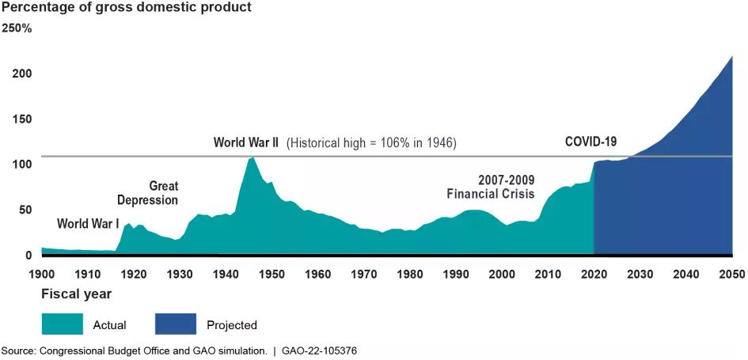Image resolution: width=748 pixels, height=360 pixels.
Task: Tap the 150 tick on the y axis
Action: coord(21,119)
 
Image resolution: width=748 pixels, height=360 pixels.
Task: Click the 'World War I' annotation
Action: coord(88,224)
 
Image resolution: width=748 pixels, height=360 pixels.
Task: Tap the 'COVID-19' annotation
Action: coord(590,142)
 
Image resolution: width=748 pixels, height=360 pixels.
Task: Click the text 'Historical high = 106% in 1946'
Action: coord(372,143)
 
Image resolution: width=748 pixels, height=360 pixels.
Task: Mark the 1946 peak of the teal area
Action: coord(252,157)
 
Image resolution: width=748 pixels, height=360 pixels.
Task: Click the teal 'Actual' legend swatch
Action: coord(62,324)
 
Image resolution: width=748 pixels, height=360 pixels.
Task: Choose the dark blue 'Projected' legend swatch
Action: coord(174,324)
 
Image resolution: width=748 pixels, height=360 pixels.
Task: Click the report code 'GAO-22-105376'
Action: coord(324,350)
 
